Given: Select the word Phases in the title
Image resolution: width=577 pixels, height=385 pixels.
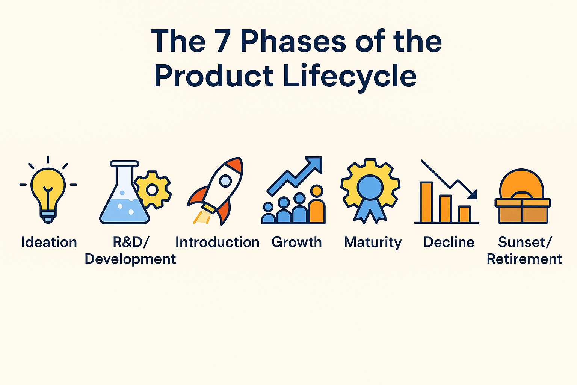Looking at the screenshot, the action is click(x=293, y=41).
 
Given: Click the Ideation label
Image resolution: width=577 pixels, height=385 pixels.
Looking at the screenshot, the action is click(x=49, y=242).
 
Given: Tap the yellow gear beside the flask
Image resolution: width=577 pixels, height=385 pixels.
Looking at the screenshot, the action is click(x=153, y=189).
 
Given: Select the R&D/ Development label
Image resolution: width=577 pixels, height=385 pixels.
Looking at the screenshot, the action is click(x=130, y=250).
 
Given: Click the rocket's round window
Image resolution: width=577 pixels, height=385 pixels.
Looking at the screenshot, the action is click(x=225, y=181).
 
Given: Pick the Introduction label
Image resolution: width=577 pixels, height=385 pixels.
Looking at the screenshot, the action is click(x=218, y=243).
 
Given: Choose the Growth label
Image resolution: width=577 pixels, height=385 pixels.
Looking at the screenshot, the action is click(x=297, y=243).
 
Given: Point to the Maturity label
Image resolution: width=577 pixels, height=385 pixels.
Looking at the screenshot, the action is click(x=373, y=243).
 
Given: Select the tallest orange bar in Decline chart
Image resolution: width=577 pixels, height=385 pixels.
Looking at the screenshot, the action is click(x=427, y=202).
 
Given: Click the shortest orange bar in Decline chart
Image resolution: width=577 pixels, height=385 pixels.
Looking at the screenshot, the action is click(x=464, y=214).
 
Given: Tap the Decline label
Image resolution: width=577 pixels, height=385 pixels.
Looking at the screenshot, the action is click(x=449, y=243).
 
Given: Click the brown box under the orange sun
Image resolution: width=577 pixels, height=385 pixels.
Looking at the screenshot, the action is click(x=523, y=211).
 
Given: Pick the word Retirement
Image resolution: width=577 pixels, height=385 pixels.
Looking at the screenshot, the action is click(x=524, y=259).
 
